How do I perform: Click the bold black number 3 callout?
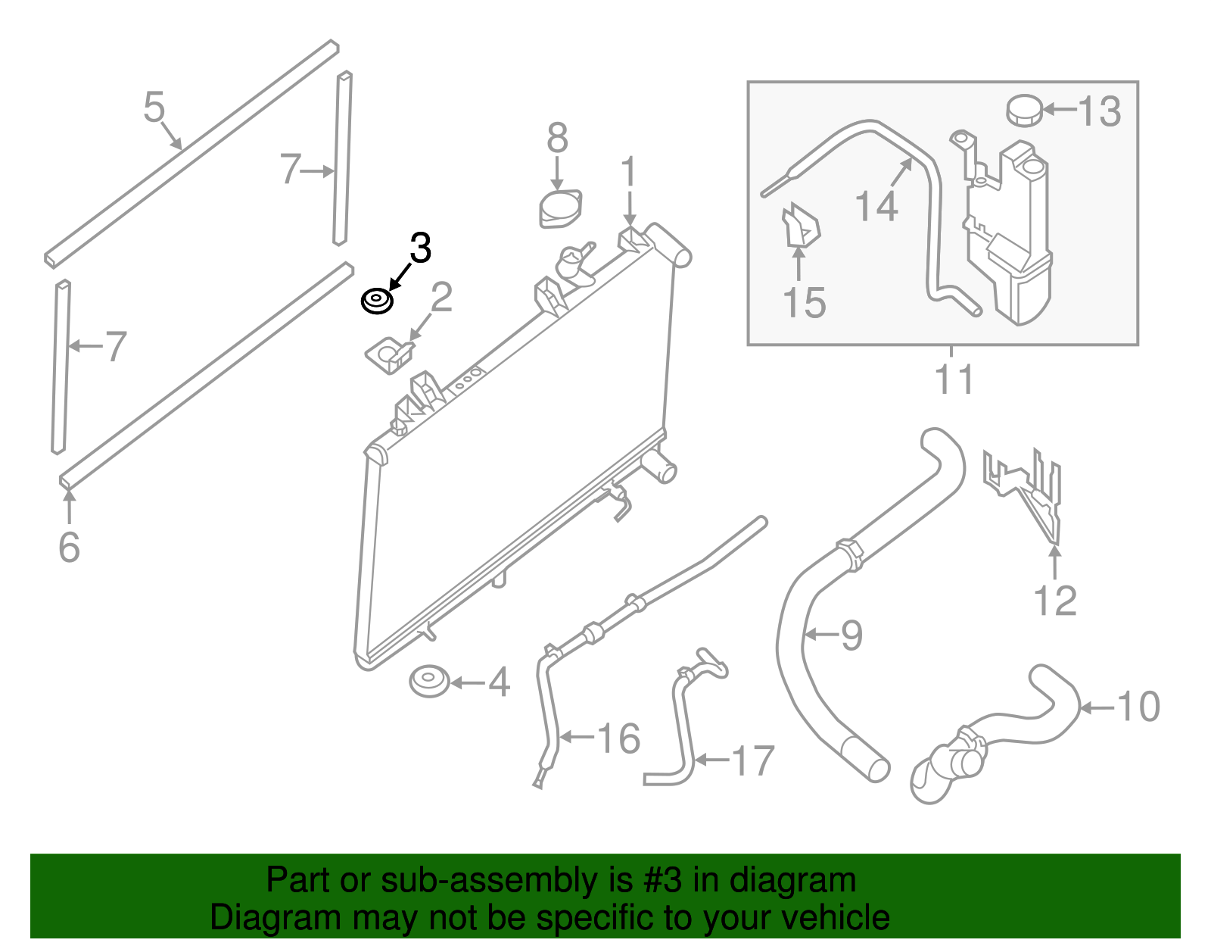(420, 248)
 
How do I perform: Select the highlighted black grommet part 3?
(376, 301)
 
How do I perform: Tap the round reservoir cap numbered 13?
(1024, 111)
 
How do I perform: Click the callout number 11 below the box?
(954, 379)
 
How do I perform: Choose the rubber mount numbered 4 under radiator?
(429, 681)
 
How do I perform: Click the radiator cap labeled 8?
(560, 208)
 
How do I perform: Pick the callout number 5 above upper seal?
(154, 107)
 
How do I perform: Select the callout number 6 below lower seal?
(69, 547)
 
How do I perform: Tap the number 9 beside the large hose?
(851, 635)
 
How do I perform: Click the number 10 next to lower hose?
(1138, 707)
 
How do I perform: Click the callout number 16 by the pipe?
(618, 738)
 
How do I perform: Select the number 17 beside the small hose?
(752, 760)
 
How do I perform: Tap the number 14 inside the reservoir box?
(876, 206)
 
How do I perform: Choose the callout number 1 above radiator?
(629, 173)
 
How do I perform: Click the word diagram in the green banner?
(792, 880)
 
